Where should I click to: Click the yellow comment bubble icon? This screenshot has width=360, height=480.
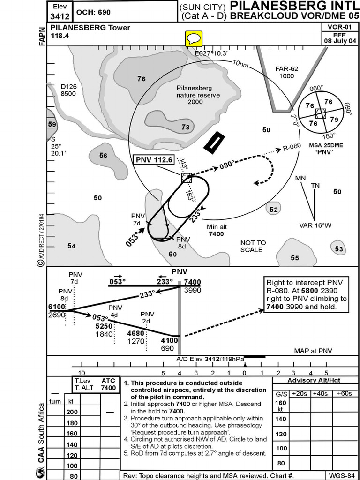pos(194,38)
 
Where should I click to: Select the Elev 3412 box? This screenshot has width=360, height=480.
pos(60,12)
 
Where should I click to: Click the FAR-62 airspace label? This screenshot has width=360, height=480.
pos(286,72)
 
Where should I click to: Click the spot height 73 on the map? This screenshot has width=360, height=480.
pos(186,127)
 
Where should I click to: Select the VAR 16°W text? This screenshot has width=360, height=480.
pos(315,225)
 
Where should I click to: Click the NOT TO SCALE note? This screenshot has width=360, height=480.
pos(253,246)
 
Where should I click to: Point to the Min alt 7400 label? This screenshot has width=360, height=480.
pos(216,230)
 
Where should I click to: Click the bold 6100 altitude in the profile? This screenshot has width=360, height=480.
pos(57,307)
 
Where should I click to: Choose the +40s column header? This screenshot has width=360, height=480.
pos(321,393)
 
